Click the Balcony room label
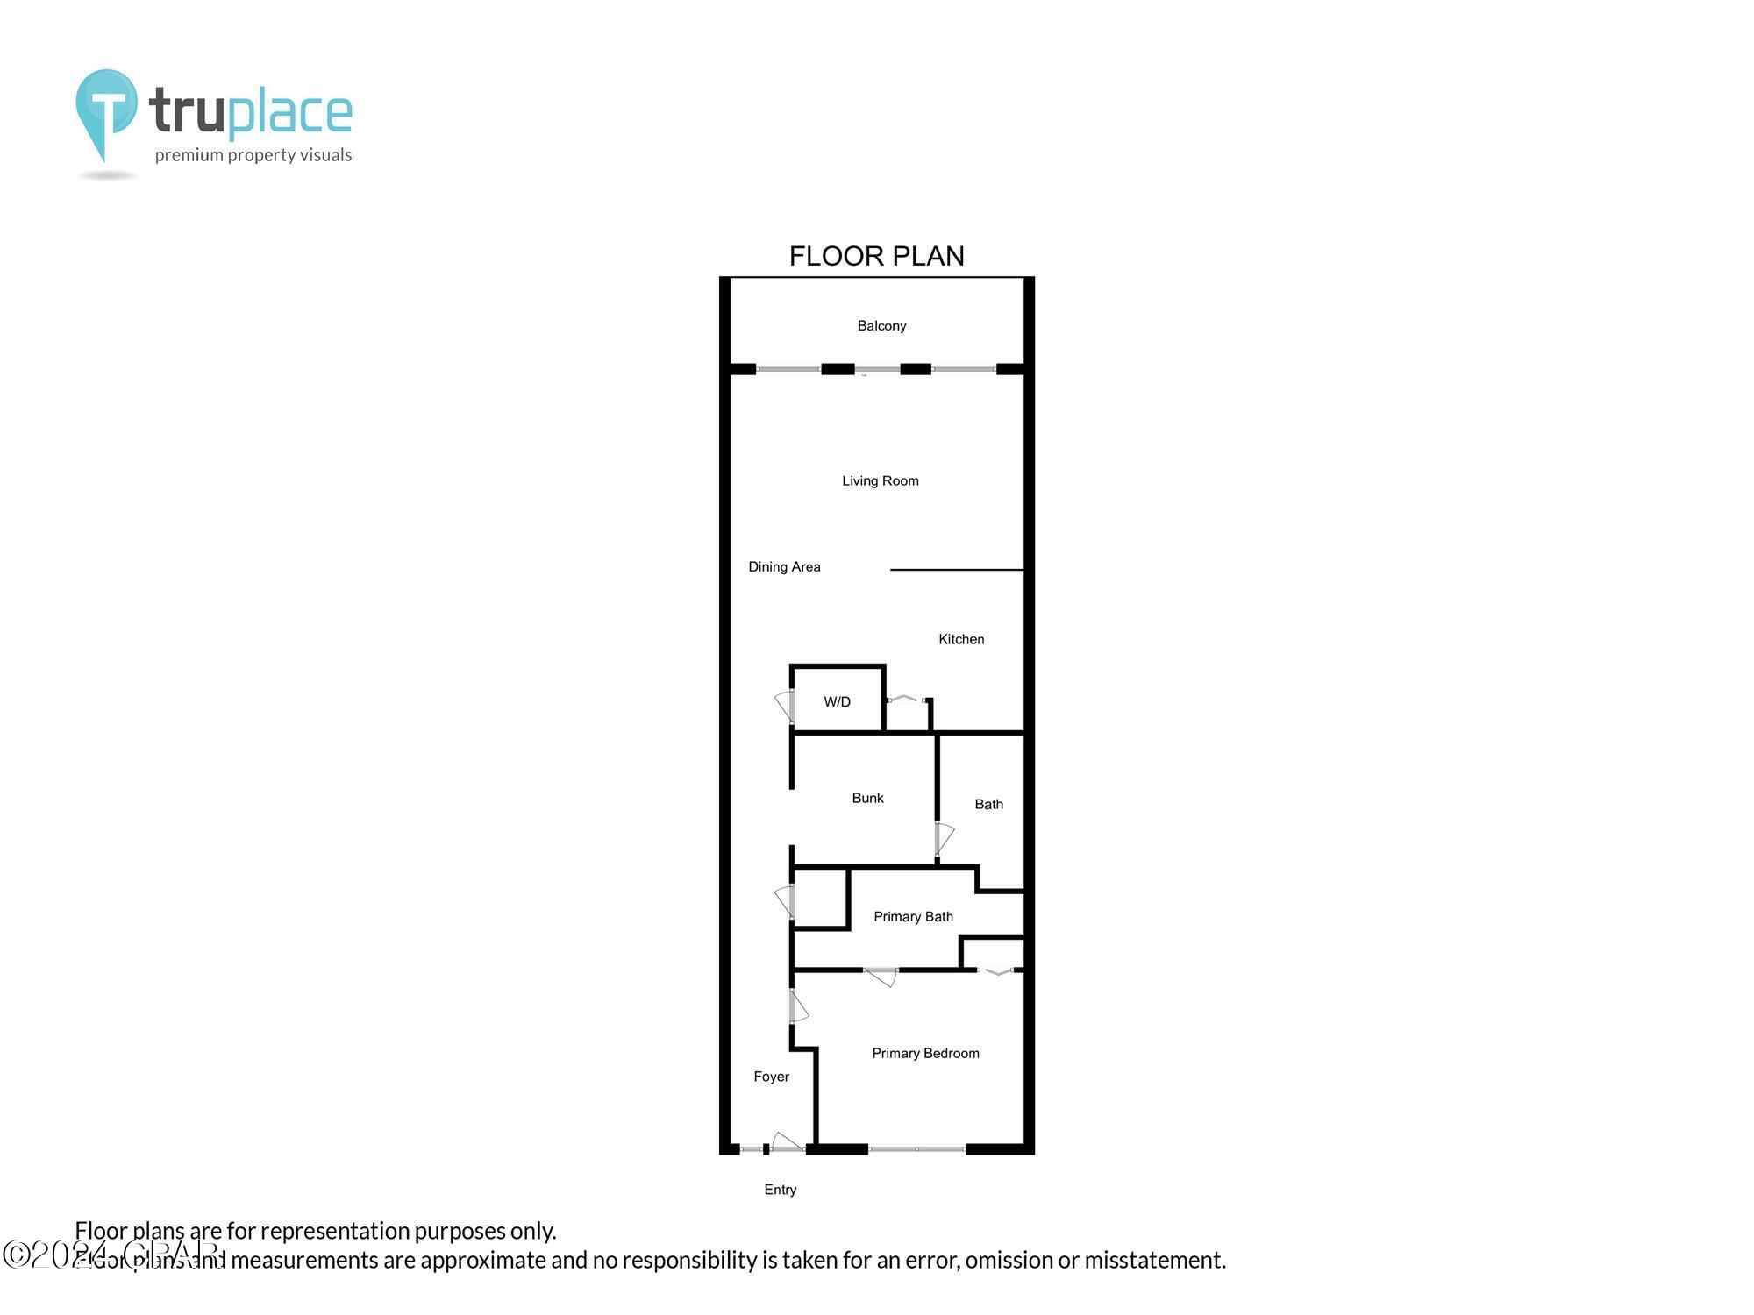click(881, 326)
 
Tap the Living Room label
click(880, 480)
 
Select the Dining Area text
click(784, 567)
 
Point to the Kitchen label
click(961, 640)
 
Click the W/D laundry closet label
click(837, 702)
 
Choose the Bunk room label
click(867, 798)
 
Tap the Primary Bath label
click(913, 917)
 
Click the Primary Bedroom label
click(925, 1054)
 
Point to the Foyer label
click(771, 1077)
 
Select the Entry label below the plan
click(780, 1190)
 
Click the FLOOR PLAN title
click(876, 256)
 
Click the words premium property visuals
click(253, 156)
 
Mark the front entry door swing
click(786, 1141)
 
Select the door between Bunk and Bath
click(944, 838)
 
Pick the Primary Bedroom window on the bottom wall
click(916, 1148)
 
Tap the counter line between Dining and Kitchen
click(957, 570)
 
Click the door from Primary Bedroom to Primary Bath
click(881, 975)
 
